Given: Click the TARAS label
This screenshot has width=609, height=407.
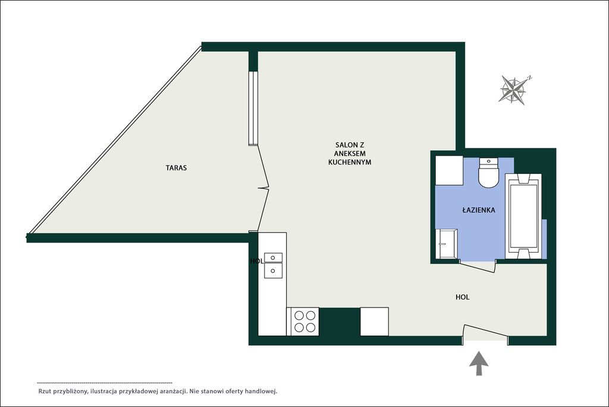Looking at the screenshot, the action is point(176,168).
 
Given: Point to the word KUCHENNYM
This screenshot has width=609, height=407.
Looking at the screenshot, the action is point(350,162).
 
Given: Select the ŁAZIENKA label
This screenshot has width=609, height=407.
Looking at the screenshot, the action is point(479,210).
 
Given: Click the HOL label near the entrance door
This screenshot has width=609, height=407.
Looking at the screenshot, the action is point(462,297).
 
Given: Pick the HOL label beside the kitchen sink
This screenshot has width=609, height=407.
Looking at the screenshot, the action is point(257,261).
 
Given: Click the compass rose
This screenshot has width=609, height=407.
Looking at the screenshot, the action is point(513,90).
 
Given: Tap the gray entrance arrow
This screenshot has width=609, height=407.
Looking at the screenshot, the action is point(479,363).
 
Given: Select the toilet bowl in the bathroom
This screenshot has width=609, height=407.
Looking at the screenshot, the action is point(489,173).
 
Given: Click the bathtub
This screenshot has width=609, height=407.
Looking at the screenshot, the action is point(523,216).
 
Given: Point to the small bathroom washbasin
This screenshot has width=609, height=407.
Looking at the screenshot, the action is point(446,244).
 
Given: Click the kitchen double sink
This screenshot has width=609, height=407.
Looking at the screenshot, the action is point(273,265).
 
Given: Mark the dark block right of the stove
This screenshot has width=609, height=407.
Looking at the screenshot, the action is point(340,321).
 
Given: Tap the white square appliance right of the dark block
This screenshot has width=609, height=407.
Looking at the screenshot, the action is point(375,321).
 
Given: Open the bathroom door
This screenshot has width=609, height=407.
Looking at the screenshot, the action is point(477,267).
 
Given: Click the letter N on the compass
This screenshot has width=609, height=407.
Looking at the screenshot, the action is point(530,77).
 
